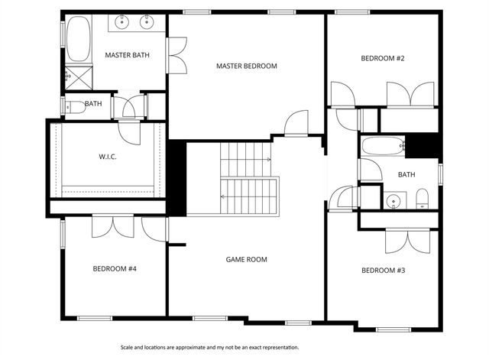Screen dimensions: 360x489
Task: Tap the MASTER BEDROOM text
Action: point(246,66)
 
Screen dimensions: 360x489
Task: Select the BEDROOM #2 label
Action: point(383,58)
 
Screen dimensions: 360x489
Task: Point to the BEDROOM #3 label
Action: point(383,270)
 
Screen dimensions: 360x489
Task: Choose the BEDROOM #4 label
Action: point(115,268)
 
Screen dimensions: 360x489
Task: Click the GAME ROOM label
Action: point(246,259)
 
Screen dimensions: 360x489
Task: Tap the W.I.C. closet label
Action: point(107,157)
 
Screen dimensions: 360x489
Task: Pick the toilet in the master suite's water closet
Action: point(74,107)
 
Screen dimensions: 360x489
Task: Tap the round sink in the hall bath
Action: point(393,201)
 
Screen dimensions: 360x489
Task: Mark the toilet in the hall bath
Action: point(422,199)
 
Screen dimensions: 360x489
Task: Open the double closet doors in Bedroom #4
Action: point(113,227)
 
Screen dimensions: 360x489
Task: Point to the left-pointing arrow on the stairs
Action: point(223,196)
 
